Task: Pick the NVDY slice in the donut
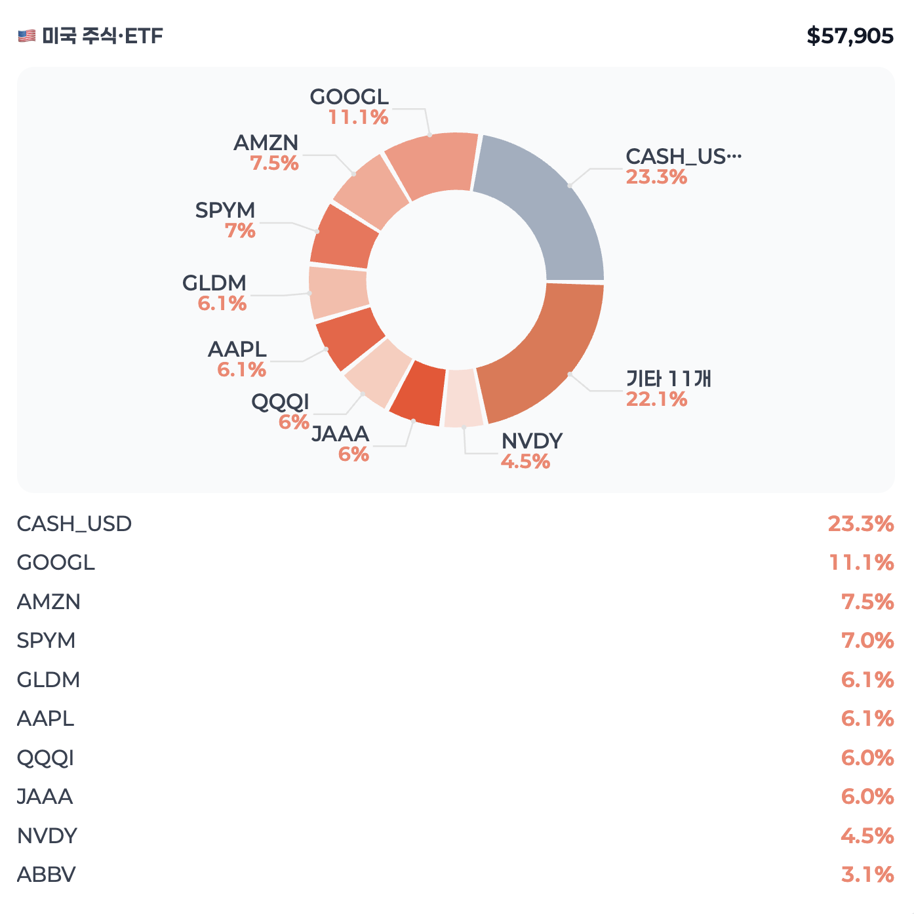[x=463, y=399]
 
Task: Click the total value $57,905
[x=850, y=36]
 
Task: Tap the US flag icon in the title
[x=27, y=36]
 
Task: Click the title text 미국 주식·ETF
[x=102, y=36]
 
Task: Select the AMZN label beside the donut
[x=266, y=143]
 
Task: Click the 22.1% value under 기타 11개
[x=656, y=399]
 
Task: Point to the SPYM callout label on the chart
[x=226, y=210]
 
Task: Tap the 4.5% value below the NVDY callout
[x=526, y=462]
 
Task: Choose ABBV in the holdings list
[x=47, y=875]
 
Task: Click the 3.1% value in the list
[x=867, y=875]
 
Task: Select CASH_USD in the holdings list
[x=75, y=524]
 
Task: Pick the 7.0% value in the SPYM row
[x=867, y=641]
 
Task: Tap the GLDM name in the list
[x=49, y=680]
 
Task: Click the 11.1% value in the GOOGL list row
[x=862, y=563]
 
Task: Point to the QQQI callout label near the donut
[x=281, y=402]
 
